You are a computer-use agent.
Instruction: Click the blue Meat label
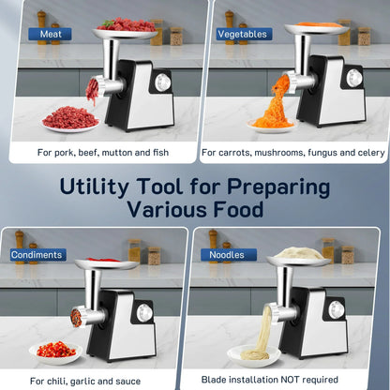[50, 35]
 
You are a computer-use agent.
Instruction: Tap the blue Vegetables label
[242, 35]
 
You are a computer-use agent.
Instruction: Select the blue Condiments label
[38, 254]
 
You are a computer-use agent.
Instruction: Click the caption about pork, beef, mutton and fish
[97, 151]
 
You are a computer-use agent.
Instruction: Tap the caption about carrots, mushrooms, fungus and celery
[291, 151]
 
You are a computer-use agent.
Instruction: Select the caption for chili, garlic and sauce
[84, 381]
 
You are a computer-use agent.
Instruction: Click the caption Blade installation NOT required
[285, 381]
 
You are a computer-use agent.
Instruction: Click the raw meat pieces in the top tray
[126, 24]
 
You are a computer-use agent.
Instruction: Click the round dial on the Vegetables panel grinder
[354, 79]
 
